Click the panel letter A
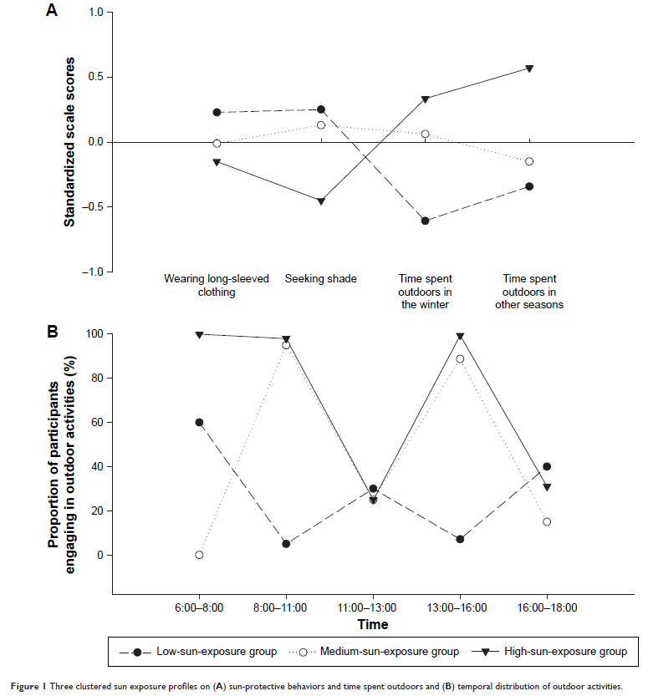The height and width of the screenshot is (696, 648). [52, 12]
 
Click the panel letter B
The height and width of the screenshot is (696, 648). [52, 332]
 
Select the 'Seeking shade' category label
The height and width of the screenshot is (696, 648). [321, 279]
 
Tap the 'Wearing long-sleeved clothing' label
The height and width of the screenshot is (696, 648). [217, 286]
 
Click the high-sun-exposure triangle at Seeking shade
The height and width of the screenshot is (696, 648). [321, 201]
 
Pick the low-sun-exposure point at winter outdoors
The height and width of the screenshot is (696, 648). [425, 221]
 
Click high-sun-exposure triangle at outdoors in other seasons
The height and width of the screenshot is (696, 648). [529, 69]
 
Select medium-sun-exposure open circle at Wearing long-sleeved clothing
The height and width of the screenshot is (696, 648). [217, 143]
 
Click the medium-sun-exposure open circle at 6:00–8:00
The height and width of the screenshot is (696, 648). [199, 555]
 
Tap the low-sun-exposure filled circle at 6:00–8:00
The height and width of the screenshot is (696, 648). [199, 422]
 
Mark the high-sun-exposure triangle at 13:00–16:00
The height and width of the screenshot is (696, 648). [460, 336]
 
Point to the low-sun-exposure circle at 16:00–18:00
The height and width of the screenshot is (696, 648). [547, 466]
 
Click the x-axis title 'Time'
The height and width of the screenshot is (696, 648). [373, 624]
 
